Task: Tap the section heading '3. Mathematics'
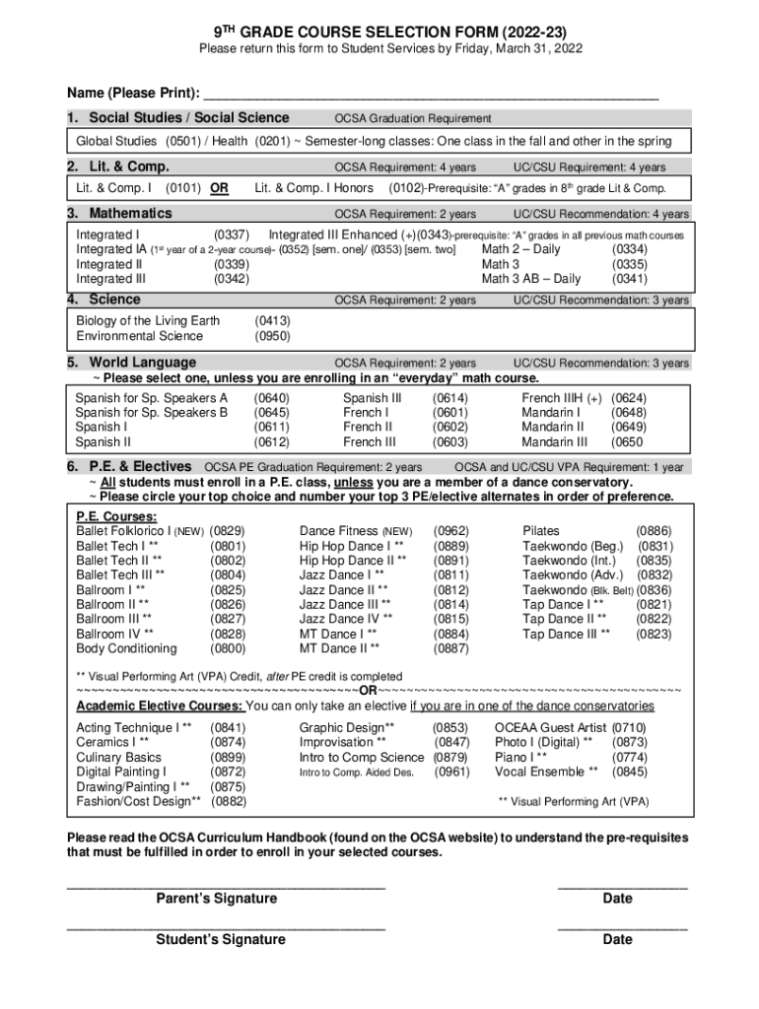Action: pyautogui.click(x=119, y=214)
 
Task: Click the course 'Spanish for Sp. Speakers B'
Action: pyautogui.click(x=152, y=413)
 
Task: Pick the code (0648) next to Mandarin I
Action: pyautogui.click(x=629, y=413)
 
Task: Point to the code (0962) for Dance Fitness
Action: pyautogui.click(x=451, y=531)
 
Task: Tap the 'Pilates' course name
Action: pyautogui.click(x=541, y=531)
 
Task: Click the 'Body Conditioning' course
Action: pyautogui.click(x=126, y=649)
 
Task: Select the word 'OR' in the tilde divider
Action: pyautogui.click(x=367, y=691)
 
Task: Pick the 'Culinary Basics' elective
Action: pyautogui.click(x=118, y=758)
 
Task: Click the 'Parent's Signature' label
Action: pyautogui.click(x=217, y=899)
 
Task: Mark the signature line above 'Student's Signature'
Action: pyautogui.click(x=226, y=927)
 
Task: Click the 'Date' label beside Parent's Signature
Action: pyautogui.click(x=617, y=899)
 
